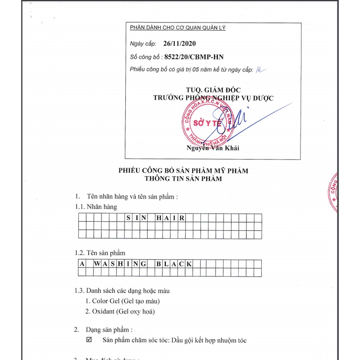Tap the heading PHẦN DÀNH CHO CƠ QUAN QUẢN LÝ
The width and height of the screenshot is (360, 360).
click(x=178, y=28)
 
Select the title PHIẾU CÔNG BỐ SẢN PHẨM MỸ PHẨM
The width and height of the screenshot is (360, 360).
click(x=183, y=171)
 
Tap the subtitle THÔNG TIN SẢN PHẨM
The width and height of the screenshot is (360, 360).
click(x=183, y=178)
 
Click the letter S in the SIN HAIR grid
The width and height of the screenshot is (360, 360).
click(x=128, y=218)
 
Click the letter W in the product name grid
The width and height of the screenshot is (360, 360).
click(x=97, y=264)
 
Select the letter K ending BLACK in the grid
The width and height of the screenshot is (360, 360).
click(x=188, y=264)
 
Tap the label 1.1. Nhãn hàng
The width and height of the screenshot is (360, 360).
click(x=96, y=207)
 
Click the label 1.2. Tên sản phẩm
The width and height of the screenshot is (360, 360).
click(x=100, y=253)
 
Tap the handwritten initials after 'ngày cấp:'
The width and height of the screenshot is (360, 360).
click(x=261, y=69)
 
